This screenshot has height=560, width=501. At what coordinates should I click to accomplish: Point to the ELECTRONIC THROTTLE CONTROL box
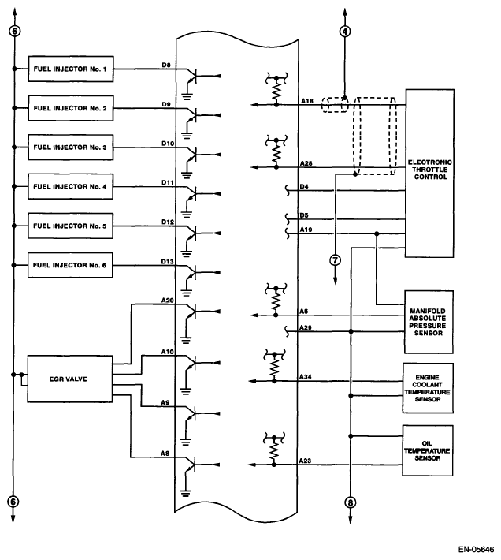429,173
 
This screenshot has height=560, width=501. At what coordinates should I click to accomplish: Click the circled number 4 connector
344,32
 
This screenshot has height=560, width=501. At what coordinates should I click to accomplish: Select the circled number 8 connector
350,502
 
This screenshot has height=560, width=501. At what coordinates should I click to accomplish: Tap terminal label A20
167,301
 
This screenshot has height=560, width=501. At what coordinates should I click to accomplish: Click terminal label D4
305,186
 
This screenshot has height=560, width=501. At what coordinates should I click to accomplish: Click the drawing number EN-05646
476,548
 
